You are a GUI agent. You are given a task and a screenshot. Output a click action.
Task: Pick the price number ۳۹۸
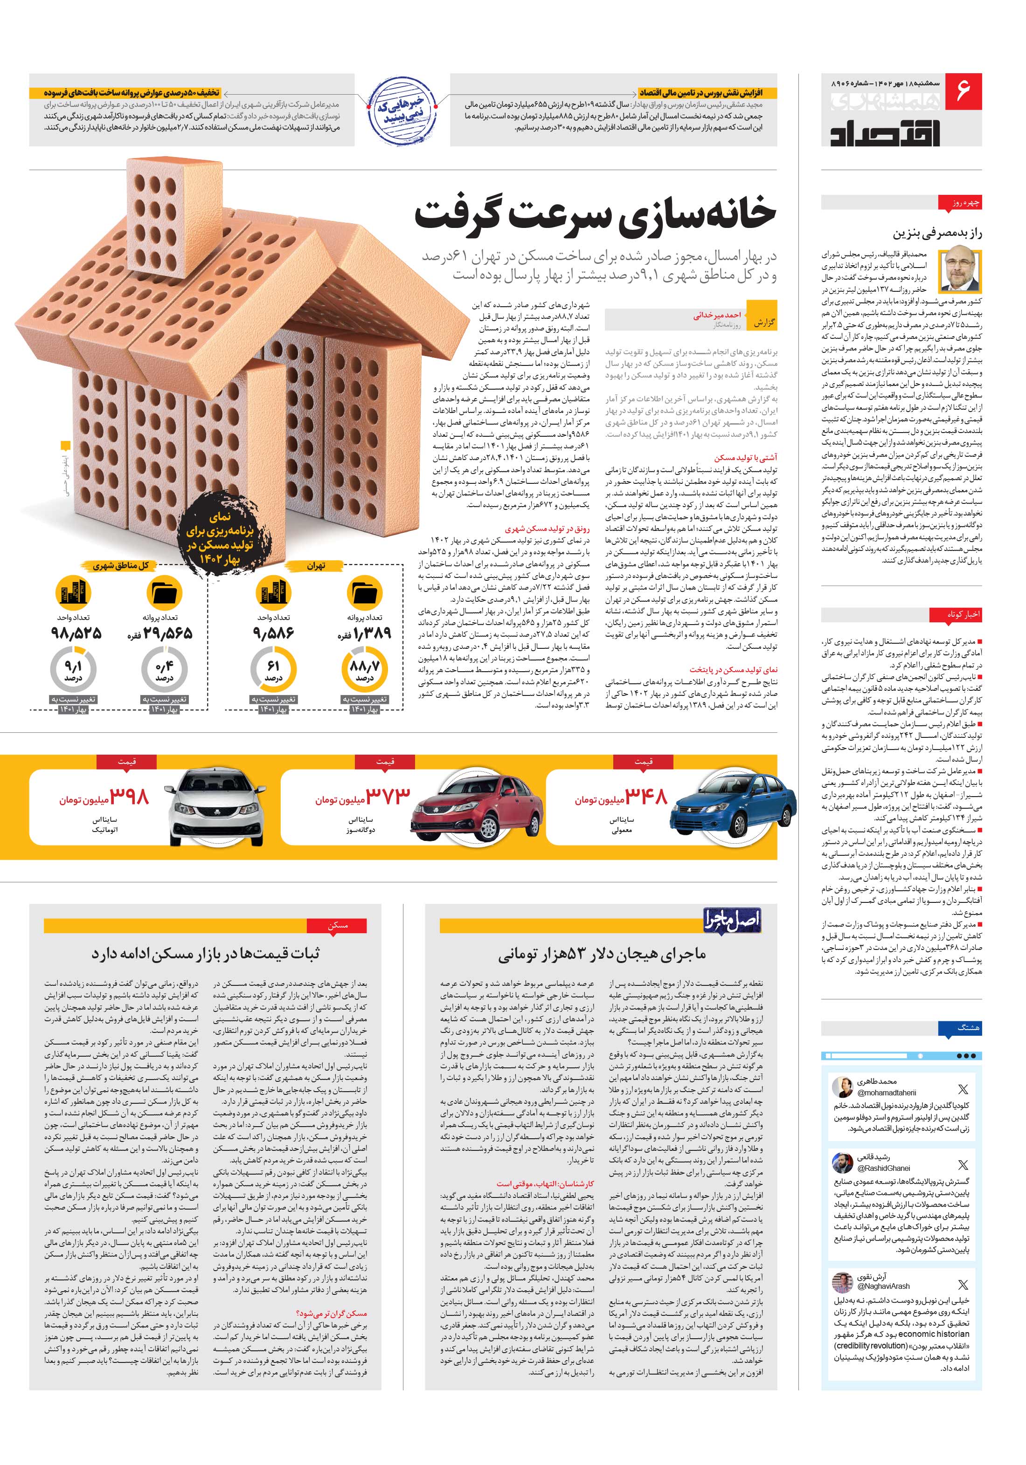(x=129, y=796)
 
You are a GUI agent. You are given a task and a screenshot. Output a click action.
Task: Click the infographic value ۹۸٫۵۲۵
(x=76, y=633)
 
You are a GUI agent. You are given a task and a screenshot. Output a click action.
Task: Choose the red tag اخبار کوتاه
(x=964, y=614)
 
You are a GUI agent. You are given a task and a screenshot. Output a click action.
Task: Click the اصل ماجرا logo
(x=732, y=920)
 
